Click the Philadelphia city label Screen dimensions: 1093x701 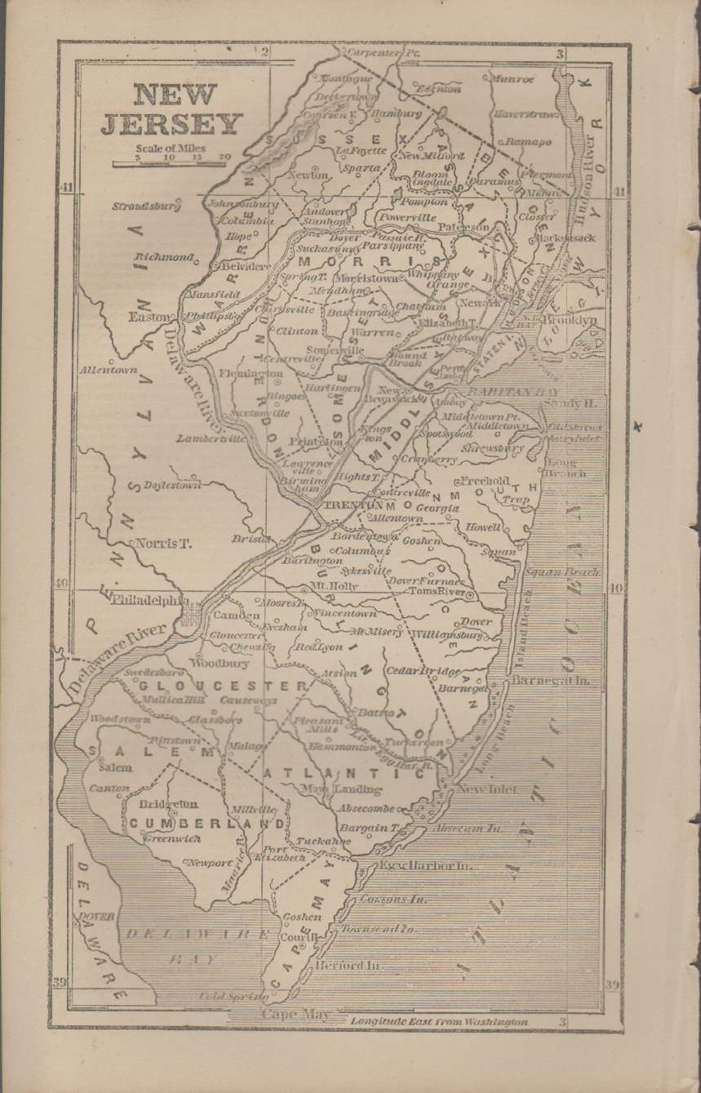[x=146, y=600]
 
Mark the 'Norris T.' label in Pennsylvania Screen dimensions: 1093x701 [x=162, y=543]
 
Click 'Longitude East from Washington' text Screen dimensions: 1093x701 [x=439, y=1021]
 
